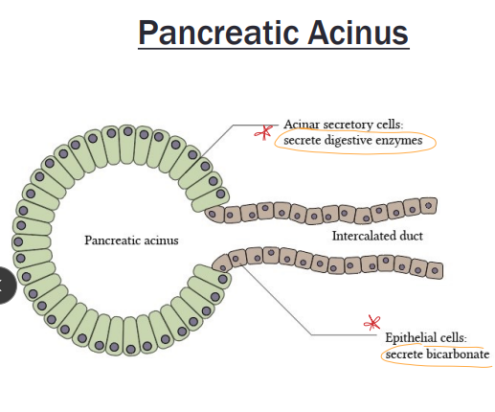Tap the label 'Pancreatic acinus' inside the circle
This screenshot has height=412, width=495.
[x=131, y=240]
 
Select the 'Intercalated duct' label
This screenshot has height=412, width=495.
[x=377, y=236]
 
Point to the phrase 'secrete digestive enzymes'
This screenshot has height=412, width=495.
[x=351, y=141]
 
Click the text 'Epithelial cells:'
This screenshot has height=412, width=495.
[x=426, y=338]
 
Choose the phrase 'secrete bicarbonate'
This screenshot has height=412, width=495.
[x=438, y=355]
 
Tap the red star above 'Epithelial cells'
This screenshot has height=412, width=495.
[x=372, y=324]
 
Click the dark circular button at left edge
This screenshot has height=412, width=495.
[x=6, y=285]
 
